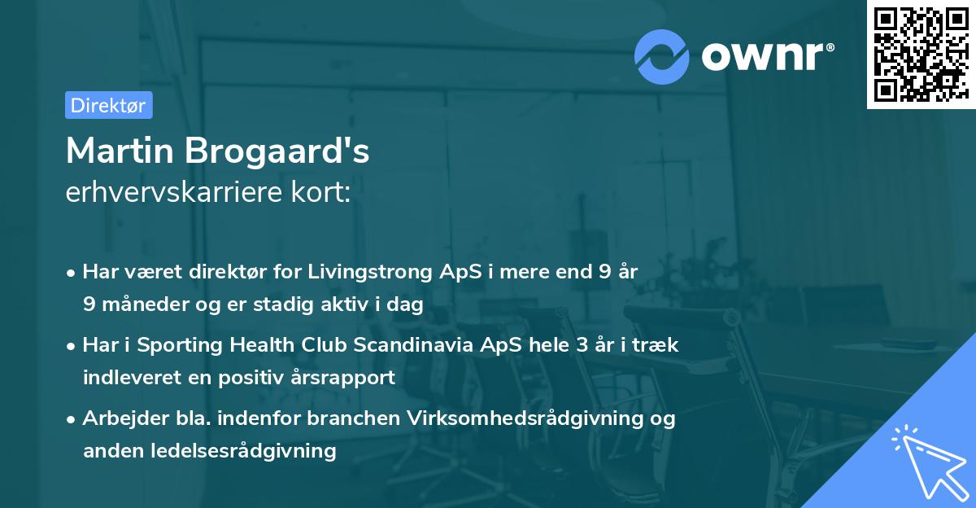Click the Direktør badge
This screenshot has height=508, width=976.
[x=108, y=105]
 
